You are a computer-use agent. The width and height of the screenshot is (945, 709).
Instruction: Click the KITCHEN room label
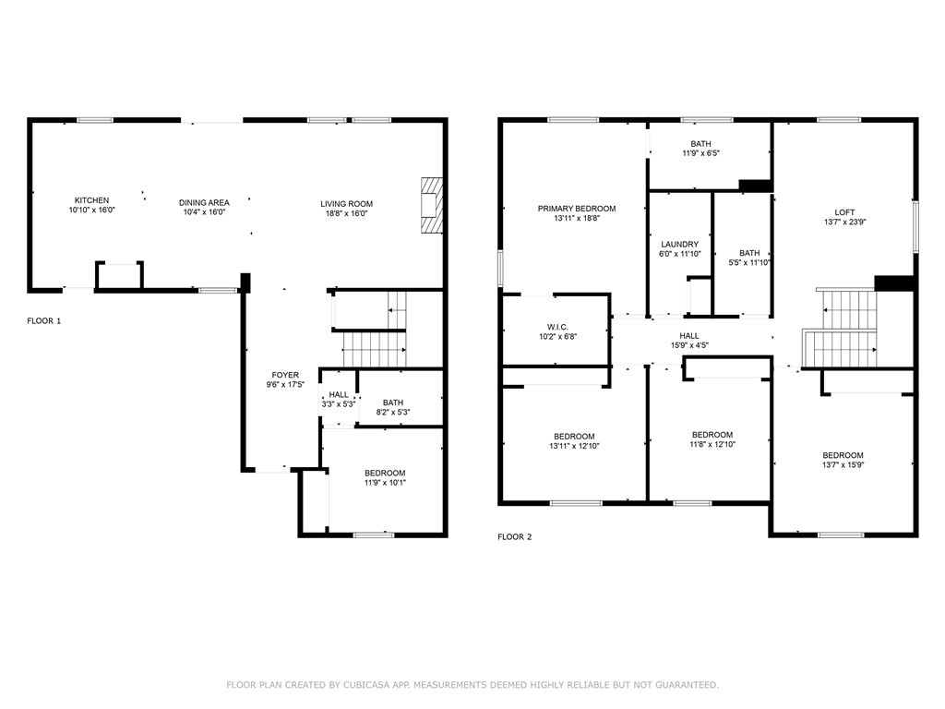(91, 200)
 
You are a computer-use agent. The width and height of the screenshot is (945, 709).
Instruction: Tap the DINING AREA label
(204, 202)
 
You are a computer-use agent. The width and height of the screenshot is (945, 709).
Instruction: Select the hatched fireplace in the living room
(432, 205)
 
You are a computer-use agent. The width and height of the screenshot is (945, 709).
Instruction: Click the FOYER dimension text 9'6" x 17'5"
(286, 385)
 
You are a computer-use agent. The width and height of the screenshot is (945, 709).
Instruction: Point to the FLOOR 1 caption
(44, 320)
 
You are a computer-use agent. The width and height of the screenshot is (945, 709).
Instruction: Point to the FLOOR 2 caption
(515, 536)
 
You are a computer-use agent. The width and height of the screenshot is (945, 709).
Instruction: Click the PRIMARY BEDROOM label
(577, 209)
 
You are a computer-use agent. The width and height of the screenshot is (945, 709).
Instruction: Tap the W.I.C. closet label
(557, 328)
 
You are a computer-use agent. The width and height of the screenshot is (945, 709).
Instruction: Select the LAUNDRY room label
(680, 244)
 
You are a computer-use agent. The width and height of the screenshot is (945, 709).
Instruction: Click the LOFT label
(844, 212)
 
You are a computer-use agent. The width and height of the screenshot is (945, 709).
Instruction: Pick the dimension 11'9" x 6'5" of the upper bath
(701, 153)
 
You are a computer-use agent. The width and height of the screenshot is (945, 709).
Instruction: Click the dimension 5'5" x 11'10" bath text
(749, 263)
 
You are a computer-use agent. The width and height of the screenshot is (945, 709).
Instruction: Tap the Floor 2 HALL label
(689, 336)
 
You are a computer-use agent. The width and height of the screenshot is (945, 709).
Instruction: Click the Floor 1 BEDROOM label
(385, 474)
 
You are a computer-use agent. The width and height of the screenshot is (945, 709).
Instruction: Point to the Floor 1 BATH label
(393, 403)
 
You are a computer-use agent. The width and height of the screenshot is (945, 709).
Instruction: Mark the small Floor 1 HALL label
(339, 395)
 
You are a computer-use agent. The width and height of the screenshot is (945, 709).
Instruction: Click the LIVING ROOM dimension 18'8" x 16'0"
(347, 213)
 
